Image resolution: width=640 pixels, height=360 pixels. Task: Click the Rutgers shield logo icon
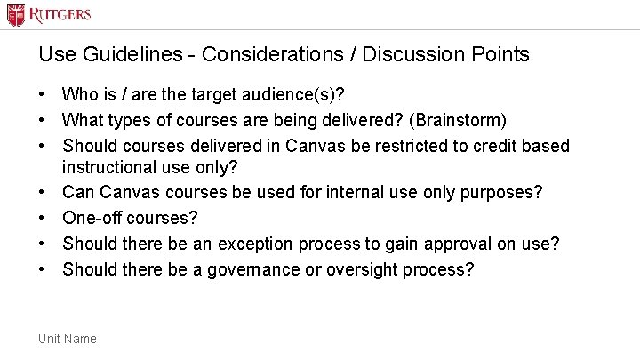(16, 15)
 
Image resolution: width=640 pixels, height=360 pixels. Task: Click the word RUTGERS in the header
(60, 15)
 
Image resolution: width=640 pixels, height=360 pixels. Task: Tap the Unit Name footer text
(68, 339)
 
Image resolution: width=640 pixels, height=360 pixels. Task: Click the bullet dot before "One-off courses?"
(43, 218)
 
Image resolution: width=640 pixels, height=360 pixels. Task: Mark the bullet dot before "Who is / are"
(43, 94)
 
